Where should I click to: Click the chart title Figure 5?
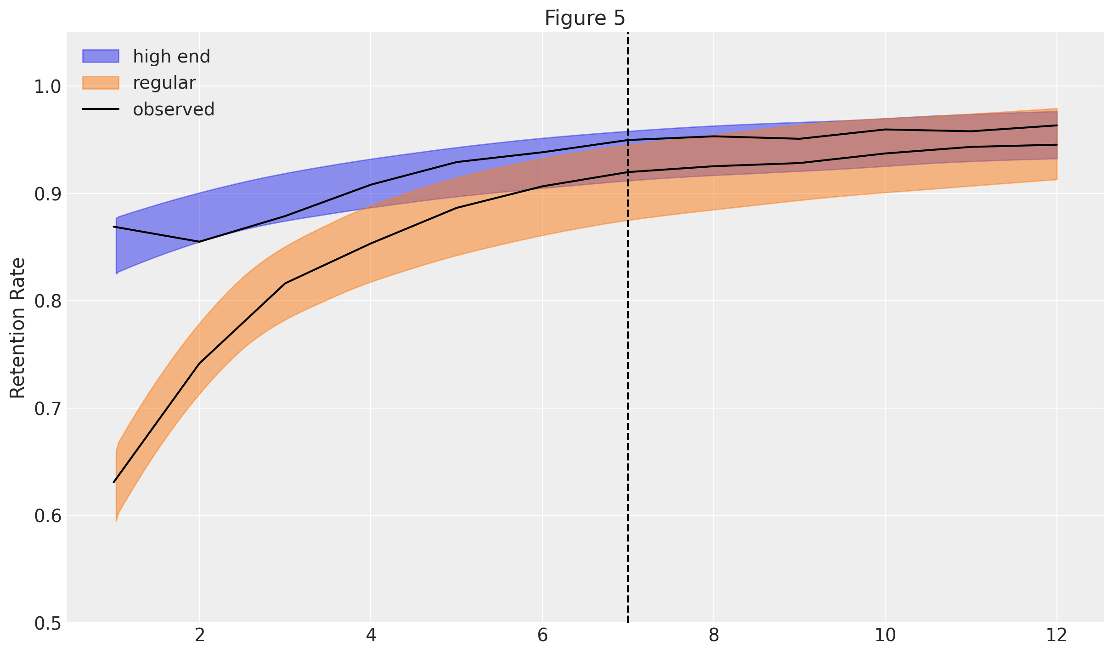(x=584, y=18)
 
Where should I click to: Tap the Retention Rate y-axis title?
(x=17, y=328)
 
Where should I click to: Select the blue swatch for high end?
(x=101, y=56)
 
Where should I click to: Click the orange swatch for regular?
(x=101, y=83)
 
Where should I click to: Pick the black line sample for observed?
(x=101, y=109)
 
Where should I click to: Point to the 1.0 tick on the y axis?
(x=47, y=86)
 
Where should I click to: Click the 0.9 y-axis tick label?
(x=47, y=194)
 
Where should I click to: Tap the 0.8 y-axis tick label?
(x=47, y=301)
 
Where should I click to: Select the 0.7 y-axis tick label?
(x=47, y=409)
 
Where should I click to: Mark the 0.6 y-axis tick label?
(x=47, y=516)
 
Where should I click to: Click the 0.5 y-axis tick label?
(x=47, y=623)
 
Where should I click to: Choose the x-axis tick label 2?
(x=199, y=636)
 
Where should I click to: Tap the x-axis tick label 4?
(x=371, y=636)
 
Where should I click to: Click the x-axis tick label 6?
(x=542, y=636)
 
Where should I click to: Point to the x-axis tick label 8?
(x=714, y=636)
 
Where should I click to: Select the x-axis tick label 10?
(x=885, y=636)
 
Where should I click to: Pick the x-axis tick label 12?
(x=1057, y=636)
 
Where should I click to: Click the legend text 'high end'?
(x=171, y=57)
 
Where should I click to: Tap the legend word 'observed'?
(x=174, y=109)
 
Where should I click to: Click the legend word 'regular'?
(x=164, y=83)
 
